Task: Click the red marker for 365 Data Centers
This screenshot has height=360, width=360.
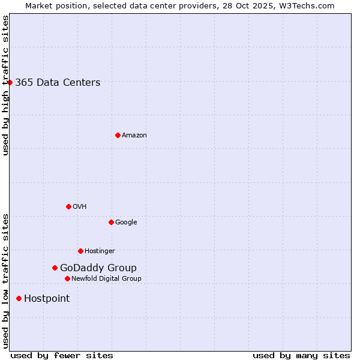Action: [10, 82]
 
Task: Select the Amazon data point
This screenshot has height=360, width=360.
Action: [118, 135]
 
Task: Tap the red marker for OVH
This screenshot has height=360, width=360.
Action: [68, 206]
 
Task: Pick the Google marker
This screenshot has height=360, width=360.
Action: [111, 222]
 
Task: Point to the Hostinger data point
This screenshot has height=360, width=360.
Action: [80, 251]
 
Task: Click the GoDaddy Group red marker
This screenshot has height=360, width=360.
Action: [55, 268]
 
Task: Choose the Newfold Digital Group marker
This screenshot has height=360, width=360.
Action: [67, 278]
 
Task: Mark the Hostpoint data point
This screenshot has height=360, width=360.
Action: [19, 298]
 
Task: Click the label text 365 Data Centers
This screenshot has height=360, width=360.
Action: [58, 83]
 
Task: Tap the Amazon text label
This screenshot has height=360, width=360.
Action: [134, 136]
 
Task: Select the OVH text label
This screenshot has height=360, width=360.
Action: [80, 207]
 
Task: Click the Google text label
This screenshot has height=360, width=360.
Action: [126, 223]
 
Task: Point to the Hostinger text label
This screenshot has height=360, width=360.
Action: [100, 251]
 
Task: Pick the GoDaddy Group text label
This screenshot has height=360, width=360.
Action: [98, 268]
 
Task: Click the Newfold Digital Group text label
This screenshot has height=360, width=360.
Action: [106, 279]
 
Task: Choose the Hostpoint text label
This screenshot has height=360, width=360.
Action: [47, 299]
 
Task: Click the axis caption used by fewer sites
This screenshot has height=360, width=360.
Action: [62, 355]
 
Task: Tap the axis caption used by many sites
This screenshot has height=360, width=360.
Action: [301, 355]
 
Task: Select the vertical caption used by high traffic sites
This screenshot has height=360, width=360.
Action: [6, 85]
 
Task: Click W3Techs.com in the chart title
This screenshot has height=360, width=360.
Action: [305, 6]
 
